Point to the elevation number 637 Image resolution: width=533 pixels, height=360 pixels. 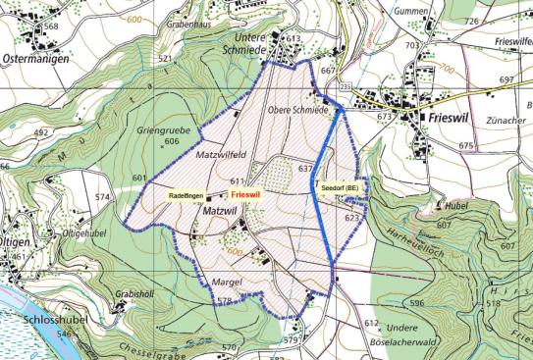pyautogui.click(x=305, y=170)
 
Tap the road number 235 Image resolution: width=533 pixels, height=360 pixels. pyautogui.click(x=345, y=88)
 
